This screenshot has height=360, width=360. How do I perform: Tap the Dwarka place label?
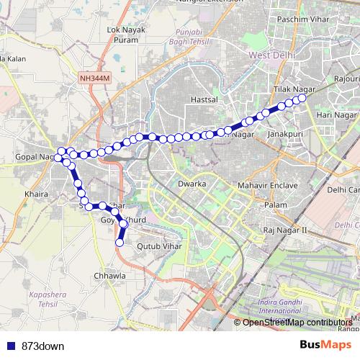point(192,184)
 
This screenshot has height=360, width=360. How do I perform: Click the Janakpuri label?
point(282,135)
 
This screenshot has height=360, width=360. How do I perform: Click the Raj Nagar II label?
point(285,230)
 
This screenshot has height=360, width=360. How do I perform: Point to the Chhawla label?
point(111,275)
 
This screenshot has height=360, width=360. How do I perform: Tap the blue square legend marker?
point(9,346)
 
